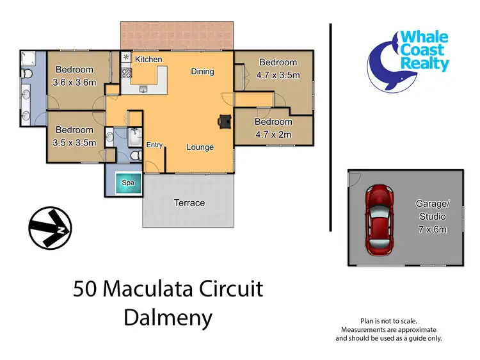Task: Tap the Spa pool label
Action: (128, 183)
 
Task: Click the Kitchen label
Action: (148, 60)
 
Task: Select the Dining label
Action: (202, 72)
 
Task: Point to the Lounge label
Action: (200, 147)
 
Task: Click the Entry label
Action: (154, 145)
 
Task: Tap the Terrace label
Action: (189, 203)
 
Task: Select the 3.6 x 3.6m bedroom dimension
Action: (74, 82)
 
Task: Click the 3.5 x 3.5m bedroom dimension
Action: (74, 143)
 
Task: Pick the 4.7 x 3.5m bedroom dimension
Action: (278, 75)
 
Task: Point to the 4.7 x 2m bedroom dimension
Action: (273, 135)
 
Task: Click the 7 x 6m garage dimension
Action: (433, 229)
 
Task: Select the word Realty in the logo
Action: (424, 64)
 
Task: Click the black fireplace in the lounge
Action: (225, 121)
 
